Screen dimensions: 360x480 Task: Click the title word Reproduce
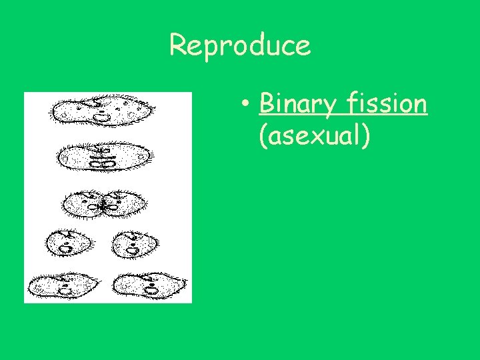tap(240, 45)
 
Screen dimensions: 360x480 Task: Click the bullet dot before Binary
tap(246, 105)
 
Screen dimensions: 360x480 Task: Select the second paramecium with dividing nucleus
tap(103, 157)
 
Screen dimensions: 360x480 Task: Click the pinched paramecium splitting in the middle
tap(103, 203)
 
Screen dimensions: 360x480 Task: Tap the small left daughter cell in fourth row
tap(68, 244)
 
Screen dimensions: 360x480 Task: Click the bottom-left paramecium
tap(64, 285)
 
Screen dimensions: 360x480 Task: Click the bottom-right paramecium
tap(147, 285)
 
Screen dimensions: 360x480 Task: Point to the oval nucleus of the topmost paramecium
tap(101, 117)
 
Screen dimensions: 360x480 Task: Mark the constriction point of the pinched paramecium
tap(103, 207)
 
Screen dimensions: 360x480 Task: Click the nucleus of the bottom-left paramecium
tap(67, 289)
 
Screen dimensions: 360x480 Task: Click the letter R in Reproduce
tap(178, 45)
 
